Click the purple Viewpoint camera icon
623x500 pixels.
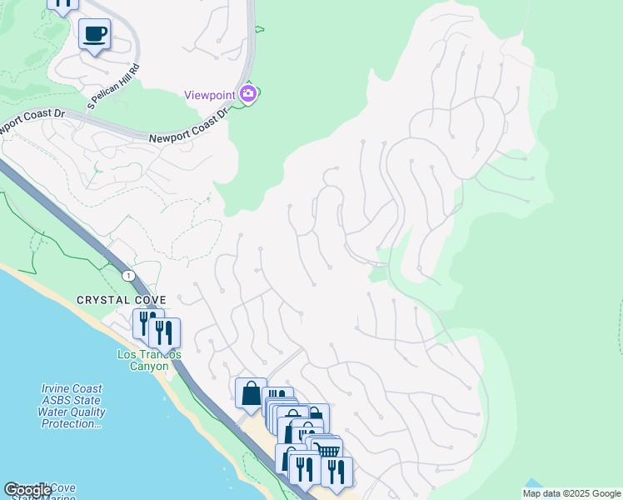coord(247,93)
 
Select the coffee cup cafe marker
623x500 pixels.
coord(94,34)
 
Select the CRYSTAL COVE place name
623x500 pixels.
coord(122,300)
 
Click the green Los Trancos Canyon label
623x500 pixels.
coord(149,360)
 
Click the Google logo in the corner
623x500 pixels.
coord(27,490)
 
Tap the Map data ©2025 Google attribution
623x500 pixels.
coord(571,493)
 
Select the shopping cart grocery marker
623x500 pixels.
coord(328,451)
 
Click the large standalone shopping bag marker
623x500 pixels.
coord(251,392)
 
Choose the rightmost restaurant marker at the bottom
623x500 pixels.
coord(336,471)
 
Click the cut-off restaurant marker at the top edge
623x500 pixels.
coord(62,5)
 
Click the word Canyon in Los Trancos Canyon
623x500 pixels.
coord(149,367)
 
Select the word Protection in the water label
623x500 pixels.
coord(72,424)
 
